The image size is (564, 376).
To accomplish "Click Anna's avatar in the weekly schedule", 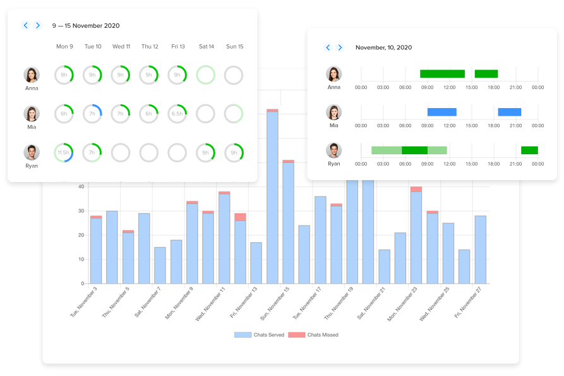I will [x=32, y=75].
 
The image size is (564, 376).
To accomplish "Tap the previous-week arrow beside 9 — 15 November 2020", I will [x=26, y=25].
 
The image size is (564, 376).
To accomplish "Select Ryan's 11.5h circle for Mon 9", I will [x=64, y=152].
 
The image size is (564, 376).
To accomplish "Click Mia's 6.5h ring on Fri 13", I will [x=177, y=114].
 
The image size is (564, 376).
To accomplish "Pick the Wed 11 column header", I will [x=121, y=46].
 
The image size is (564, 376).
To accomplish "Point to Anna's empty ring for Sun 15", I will [x=234, y=75].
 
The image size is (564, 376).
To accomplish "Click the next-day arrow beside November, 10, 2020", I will [x=340, y=47].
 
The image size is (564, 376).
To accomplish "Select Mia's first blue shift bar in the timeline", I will [x=441, y=112].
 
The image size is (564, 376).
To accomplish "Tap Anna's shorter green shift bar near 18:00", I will [x=486, y=74].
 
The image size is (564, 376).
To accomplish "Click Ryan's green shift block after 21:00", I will [x=529, y=150].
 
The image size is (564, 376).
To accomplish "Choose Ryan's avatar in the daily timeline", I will [x=333, y=150].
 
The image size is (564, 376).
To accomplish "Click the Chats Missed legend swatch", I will [x=296, y=334].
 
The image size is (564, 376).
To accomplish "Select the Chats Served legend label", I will [x=269, y=335].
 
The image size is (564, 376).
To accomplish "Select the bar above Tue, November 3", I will [x=96, y=250].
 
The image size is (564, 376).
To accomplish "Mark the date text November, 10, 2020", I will [x=383, y=47].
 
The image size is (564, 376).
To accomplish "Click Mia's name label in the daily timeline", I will [x=333, y=125].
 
